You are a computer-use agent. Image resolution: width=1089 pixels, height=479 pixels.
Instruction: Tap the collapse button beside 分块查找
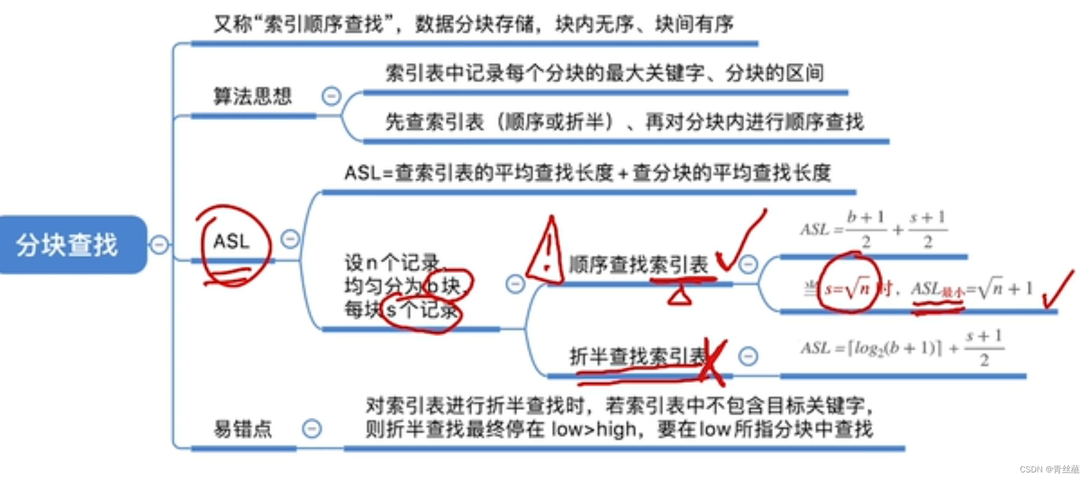tap(159, 245)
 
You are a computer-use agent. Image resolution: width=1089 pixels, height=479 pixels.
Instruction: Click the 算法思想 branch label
tap(252, 96)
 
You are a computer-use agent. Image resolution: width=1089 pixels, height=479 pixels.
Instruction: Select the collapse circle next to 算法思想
tap(331, 96)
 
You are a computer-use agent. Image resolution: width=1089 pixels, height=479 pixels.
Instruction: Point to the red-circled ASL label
tap(231, 241)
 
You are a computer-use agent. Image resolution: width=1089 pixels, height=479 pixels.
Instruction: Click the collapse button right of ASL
tap(290, 239)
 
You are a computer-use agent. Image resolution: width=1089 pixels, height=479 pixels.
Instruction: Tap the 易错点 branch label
tap(243, 429)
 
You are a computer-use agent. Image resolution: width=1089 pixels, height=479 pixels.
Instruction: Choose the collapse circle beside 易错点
tap(312, 429)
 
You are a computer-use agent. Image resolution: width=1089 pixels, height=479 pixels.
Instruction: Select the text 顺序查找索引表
tap(638, 265)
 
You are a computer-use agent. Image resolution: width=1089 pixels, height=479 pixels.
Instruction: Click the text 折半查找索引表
tap(637, 356)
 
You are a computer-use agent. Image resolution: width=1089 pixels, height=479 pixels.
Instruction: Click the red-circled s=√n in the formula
tap(847, 289)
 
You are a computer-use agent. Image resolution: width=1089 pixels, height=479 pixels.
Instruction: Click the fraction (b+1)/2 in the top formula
tap(866, 229)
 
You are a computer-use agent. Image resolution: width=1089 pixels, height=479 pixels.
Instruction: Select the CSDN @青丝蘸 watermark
tap(1049, 469)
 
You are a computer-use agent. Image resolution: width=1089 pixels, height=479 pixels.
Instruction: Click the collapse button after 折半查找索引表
tap(748, 357)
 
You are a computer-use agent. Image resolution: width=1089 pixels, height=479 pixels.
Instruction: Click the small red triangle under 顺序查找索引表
tap(679, 295)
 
